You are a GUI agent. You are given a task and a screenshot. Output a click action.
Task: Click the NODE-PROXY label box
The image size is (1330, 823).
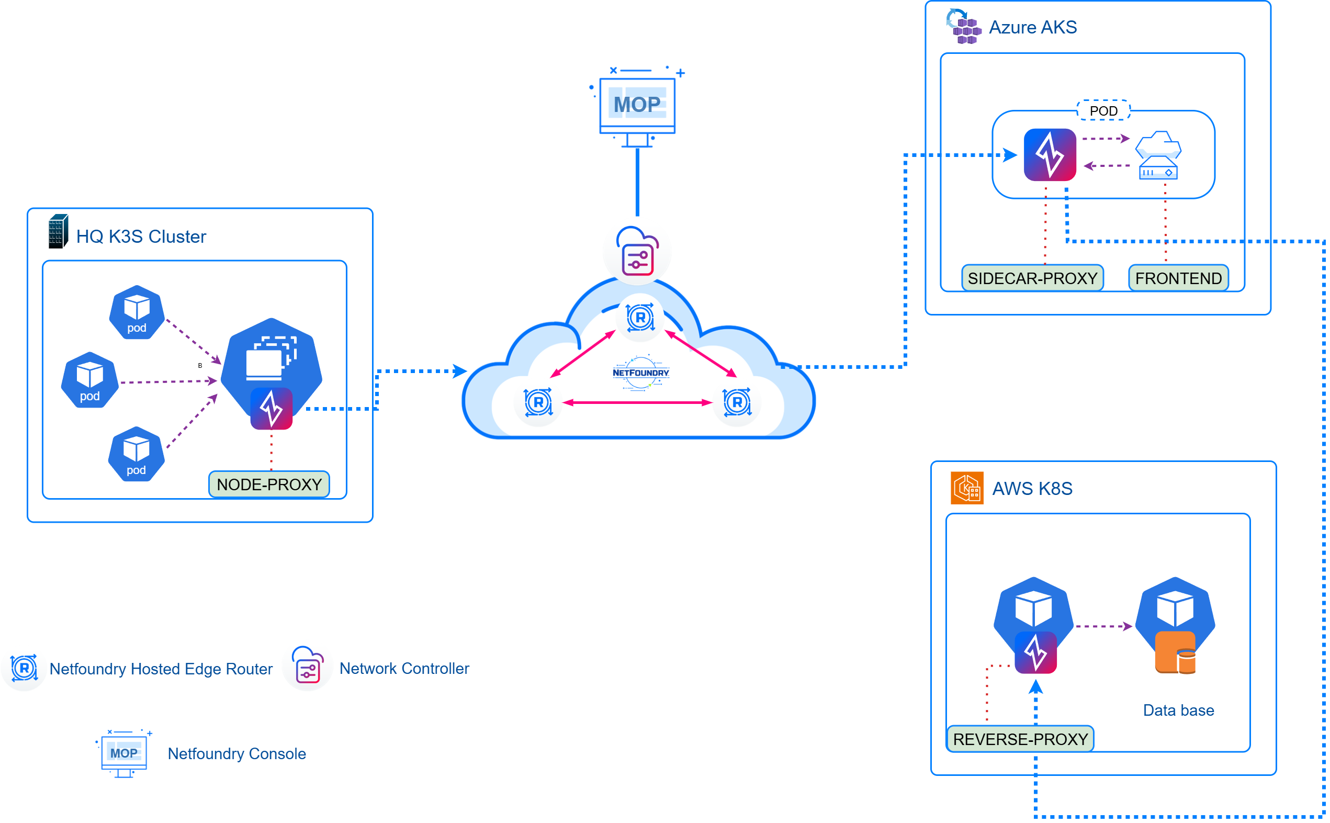point(269,484)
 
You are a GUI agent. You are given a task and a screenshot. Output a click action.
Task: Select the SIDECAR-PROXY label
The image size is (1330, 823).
point(1032,278)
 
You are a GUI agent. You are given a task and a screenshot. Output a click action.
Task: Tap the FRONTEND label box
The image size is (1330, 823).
point(1178,278)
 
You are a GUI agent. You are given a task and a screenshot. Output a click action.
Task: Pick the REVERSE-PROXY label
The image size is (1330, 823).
point(1020,739)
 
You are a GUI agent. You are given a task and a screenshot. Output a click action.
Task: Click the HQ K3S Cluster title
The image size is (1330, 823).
point(141,236)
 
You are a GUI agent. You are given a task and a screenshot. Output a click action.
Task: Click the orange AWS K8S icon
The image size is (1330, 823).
point(966,488)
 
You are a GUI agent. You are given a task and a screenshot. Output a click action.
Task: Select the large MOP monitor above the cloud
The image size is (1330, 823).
point(637,106)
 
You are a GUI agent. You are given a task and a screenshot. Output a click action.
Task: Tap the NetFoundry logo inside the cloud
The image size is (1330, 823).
point(640,373)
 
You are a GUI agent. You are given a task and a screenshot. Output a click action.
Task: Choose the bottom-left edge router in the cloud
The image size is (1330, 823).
point(538,402)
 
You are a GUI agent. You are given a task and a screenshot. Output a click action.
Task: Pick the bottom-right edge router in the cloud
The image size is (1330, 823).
point(737,402)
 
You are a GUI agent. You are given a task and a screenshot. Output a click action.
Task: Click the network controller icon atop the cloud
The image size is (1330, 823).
point(637,252)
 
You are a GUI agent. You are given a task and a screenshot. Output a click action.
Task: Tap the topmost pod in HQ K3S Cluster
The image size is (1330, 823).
point(137,312)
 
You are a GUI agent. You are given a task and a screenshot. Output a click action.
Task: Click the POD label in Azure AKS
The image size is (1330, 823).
point(1103,111)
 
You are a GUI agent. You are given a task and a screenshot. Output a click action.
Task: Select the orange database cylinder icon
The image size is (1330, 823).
point(1175,652)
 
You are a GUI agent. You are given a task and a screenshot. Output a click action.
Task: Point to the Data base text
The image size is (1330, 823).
point(1178,710)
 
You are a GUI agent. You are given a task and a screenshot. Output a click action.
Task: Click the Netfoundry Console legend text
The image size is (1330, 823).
point(236,753)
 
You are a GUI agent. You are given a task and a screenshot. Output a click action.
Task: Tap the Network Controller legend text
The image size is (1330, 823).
point(404,668)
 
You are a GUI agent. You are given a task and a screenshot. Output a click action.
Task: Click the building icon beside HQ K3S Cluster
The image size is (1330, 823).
point(58,231)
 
